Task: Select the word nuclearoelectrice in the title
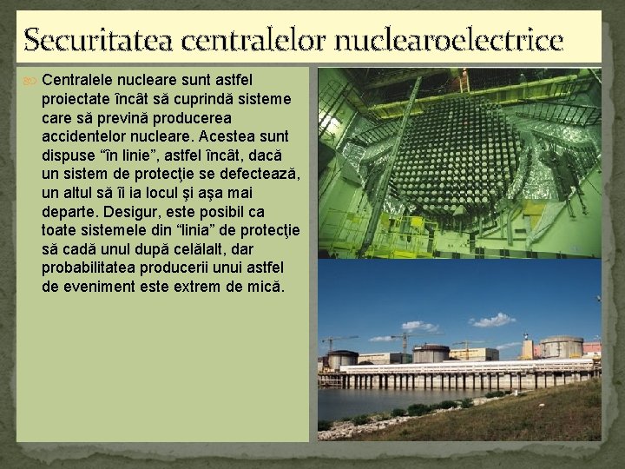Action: tap(452, 39)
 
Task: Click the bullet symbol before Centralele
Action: tap(30, 80)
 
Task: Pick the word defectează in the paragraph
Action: tap(260, 174)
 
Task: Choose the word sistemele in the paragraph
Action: tap(108, 230)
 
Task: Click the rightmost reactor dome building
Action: tap(562, 347)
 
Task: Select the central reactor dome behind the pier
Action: tap(431, 353)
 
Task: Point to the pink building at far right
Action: tap(592, 347)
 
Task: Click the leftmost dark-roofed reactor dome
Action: tap(342, 358)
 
